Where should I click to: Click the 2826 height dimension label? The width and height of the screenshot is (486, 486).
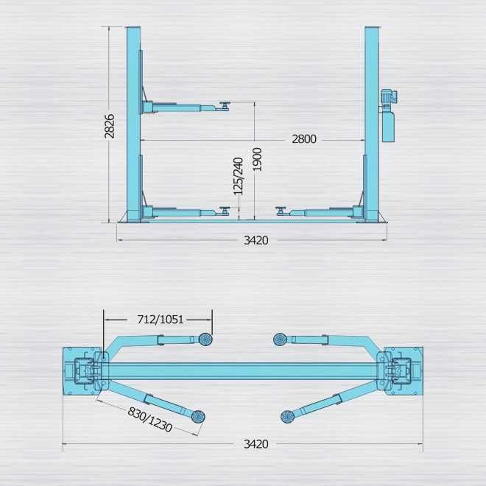[110, 126]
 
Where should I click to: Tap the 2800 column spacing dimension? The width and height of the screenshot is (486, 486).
[304, 139]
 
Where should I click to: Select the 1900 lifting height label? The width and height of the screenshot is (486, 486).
[257, 159]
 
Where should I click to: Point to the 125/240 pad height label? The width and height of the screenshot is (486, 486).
[239, 176]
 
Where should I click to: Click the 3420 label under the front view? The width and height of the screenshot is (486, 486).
[256, 240]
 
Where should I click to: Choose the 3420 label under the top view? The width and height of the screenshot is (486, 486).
[256, 444]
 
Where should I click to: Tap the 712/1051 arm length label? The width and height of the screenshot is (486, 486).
[161, 320]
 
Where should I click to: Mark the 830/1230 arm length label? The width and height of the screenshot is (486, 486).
[150, 420]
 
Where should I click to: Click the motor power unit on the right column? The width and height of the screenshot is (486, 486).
[388, 116]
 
